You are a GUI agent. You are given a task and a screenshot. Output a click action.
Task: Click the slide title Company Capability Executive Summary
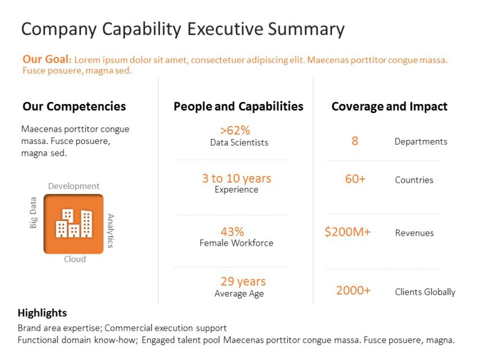[182, 29]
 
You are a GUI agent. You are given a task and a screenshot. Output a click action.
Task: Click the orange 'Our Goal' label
[47, 59]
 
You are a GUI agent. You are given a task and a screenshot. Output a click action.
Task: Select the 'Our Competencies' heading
[74, 106]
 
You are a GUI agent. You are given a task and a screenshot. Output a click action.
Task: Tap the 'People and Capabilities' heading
[238, 106]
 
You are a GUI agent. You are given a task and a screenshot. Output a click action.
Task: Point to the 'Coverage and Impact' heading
[389, 106]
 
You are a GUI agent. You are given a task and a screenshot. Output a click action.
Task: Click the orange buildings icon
[74, 224]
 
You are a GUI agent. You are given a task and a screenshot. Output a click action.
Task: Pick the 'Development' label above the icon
[74, 186]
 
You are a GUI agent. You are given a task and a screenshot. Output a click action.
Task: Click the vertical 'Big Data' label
[33, 213]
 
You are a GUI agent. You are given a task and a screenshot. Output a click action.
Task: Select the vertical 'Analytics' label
[111, 231]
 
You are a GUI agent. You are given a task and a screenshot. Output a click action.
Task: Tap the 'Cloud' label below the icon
[74, 259]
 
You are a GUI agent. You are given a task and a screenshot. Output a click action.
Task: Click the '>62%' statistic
[235, 130]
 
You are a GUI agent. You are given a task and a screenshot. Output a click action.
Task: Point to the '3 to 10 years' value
[236, 178]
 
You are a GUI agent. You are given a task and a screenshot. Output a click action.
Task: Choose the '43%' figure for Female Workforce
[232, 232]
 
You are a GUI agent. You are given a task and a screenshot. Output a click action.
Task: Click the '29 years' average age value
[243, 281]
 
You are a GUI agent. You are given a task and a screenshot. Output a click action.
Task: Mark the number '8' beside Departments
[355, 141]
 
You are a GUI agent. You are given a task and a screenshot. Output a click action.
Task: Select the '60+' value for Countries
[355, 179]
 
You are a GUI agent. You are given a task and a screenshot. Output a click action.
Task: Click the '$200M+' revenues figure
[347, 232]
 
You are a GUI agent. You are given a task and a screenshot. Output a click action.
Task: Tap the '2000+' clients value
[353, 290]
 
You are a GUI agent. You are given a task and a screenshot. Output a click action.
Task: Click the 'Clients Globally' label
[425, 292]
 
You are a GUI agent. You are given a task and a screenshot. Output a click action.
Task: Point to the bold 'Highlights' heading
[42, 313]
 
